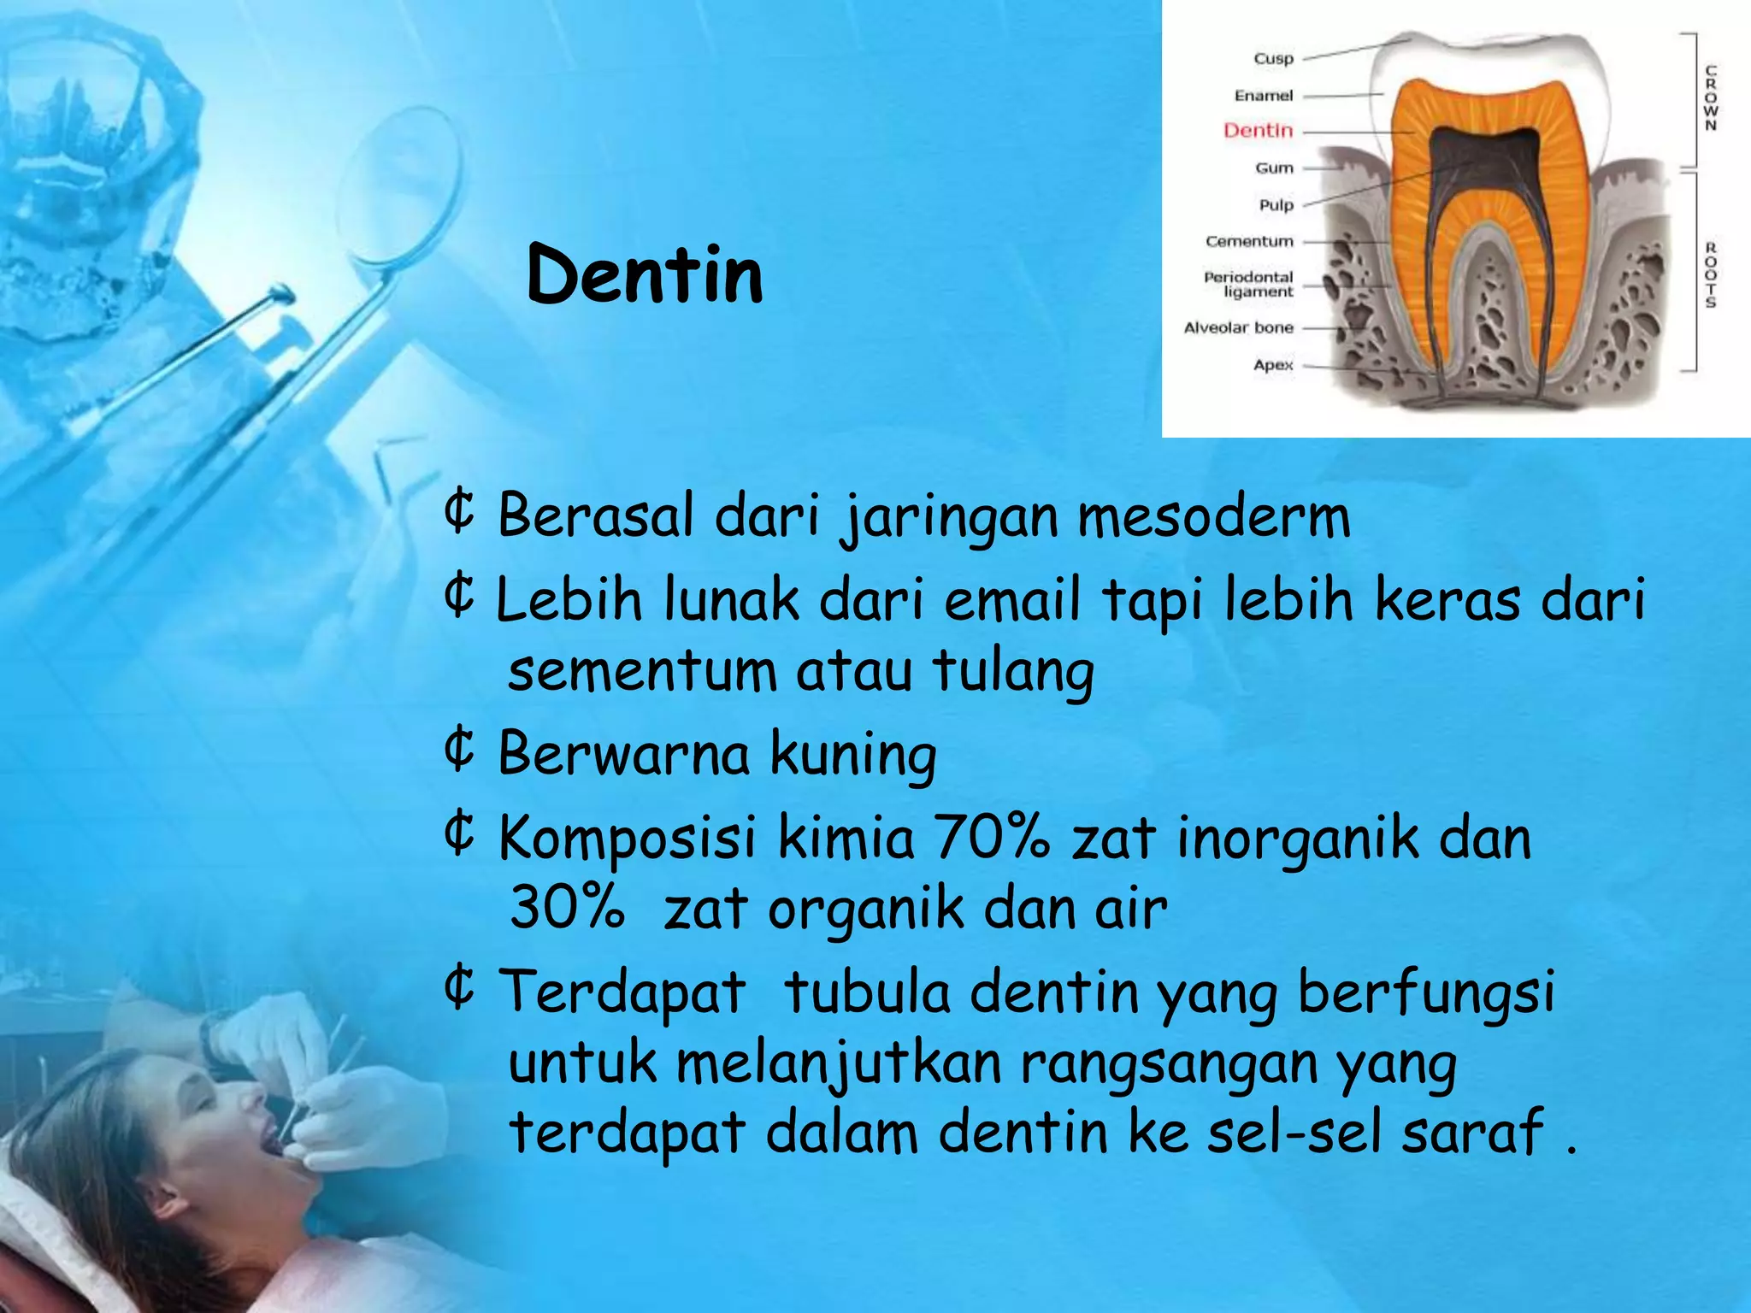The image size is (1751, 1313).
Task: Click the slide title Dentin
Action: coord(645,274)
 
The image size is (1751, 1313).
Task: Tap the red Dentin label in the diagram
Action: coord(1258,131)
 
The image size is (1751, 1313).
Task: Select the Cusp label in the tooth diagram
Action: coord(1273,59)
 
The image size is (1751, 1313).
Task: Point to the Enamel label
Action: coord(1263,96)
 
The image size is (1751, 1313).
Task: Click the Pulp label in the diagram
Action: coord(1276,205)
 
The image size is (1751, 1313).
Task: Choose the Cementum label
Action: coord(1249,242)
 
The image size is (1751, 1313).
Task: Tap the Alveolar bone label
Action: coord(1238,328)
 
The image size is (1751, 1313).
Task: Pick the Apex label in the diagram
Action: coord(1273,365)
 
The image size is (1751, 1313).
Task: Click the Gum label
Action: coord(1274,168)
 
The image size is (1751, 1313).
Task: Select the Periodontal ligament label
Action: coord(1249,285)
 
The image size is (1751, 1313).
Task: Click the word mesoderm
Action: coord(1213,517)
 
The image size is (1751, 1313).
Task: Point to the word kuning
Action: coord(852,754)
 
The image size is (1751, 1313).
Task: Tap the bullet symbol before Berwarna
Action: coord(460,749)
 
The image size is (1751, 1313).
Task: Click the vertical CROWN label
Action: coord(1711,97)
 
